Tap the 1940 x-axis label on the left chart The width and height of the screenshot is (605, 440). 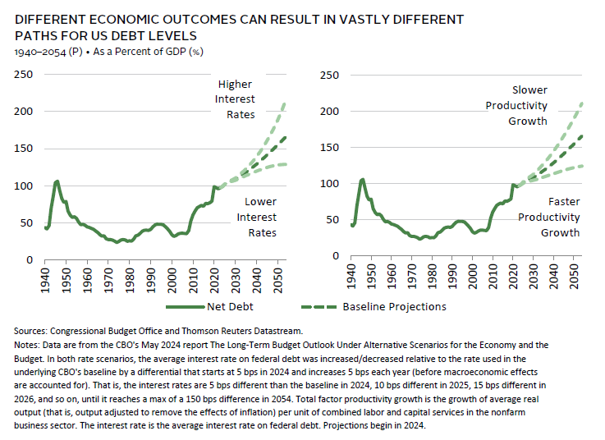pyautogui.click(x=47, y=277)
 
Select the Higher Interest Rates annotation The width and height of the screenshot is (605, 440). pyautogui.click(x=236, y=99)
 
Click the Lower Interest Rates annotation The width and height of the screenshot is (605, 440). pyautogui.click(x=257, y=217)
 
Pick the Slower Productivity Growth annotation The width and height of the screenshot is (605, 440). pyautogui.click(x=528, y=105)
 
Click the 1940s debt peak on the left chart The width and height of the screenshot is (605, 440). pyautogui.click(x=57, y=181)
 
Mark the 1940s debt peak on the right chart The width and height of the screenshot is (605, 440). pyautogui.click(x=362, y=179)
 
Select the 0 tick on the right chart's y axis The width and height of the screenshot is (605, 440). pyautogui.click(x=332, y=255)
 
